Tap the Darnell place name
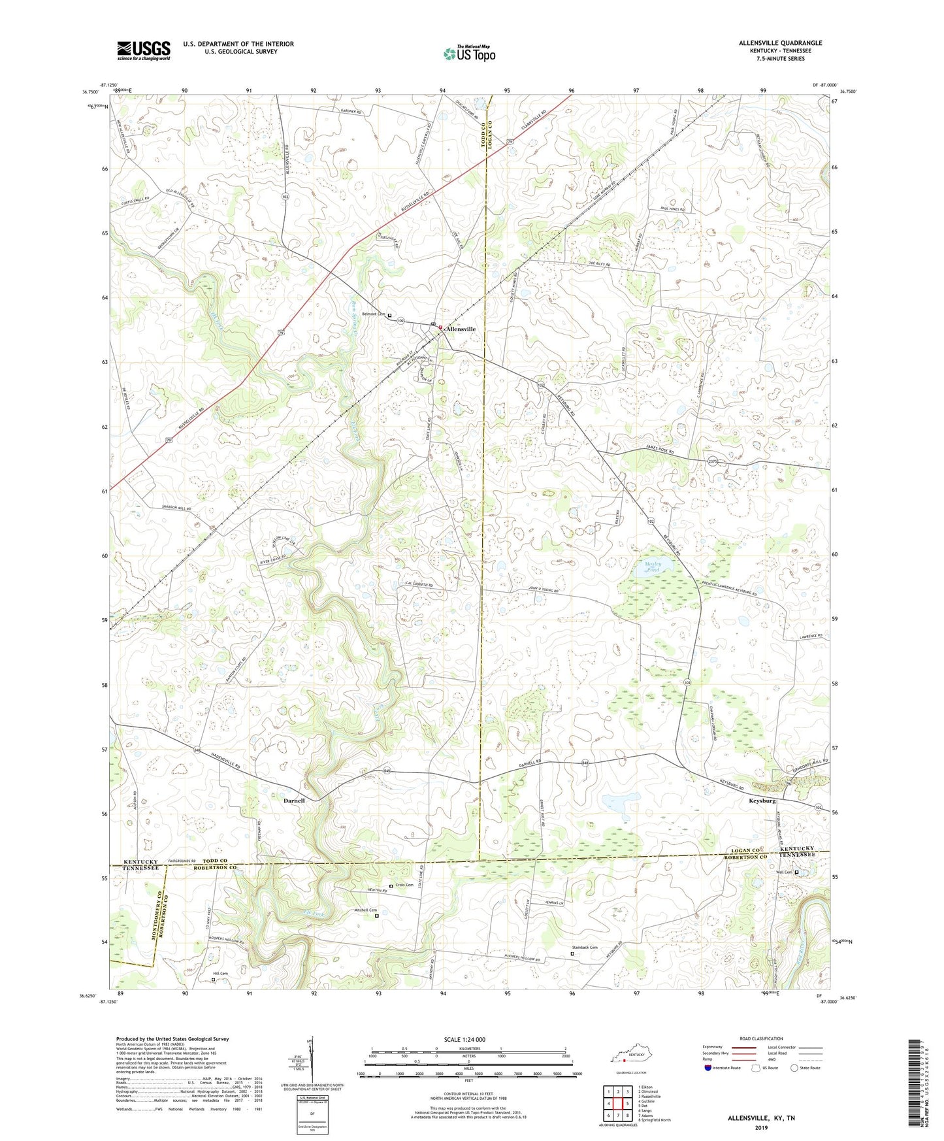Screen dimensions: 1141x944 point(293,801)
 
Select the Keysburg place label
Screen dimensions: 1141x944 point(762,801)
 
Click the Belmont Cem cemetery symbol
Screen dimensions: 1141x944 point(390,315)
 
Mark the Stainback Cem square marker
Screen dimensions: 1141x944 point(573,953)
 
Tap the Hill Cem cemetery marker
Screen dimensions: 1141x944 point(213,980)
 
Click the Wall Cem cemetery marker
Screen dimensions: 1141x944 point(796,872)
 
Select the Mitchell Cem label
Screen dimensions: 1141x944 point(365,910)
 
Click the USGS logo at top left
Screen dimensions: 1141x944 point(144,50)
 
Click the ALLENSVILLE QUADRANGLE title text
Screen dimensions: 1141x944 point(781,43)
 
